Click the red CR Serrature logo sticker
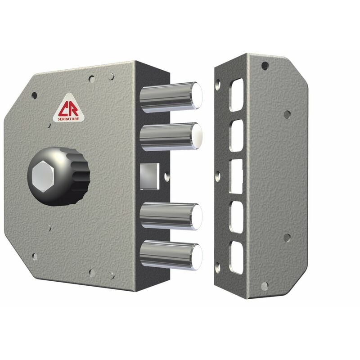pos(69,108)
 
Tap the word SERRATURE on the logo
pos(68,119)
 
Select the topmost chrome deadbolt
pos(171,97)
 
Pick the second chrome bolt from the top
pos(171,137)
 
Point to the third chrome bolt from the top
pos(171,216)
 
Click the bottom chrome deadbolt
pos(171,255)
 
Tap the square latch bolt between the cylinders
pos(149,176)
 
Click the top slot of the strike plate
pos(236,95)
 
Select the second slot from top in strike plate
pos(236,135)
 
